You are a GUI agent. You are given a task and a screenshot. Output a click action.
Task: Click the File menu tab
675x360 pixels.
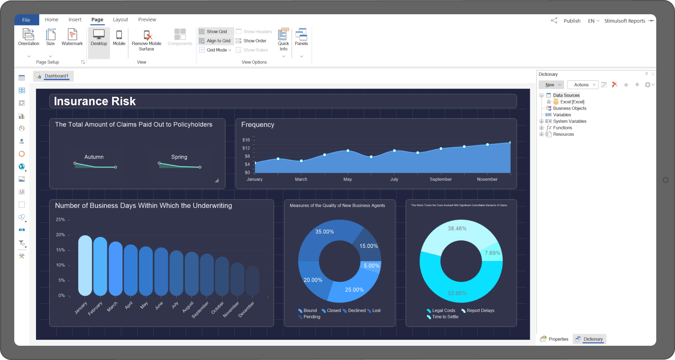coord(26,20)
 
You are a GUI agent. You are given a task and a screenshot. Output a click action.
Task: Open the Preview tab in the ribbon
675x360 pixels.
coord(147,19)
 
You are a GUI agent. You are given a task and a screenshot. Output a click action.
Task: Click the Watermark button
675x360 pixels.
coord(72,38)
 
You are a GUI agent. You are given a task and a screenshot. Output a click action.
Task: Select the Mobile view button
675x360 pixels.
coord(119,38)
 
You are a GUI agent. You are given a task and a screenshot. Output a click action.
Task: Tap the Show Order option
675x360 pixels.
coord(255,41)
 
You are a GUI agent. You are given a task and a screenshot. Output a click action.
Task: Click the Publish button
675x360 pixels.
coord(571,21)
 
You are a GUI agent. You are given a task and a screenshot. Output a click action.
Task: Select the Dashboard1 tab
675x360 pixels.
coord(56,76)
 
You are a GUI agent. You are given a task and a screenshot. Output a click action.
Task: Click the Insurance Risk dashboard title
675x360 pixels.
coord(94,101)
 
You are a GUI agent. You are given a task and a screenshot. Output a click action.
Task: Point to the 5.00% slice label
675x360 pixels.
coord(371,266)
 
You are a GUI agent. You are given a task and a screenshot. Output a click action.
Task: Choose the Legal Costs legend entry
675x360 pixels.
coord(443,310)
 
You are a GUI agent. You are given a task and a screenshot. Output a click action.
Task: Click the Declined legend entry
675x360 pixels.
coord(356,310)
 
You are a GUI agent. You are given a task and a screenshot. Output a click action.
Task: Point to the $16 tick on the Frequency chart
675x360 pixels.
coord(246,140)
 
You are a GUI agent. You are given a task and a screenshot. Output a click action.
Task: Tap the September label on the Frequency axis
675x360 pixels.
coord(441,179)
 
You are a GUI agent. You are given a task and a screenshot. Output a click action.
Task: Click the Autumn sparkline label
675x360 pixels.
coord(94,157)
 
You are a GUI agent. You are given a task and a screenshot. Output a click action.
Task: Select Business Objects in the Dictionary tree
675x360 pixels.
coord(569,108)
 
